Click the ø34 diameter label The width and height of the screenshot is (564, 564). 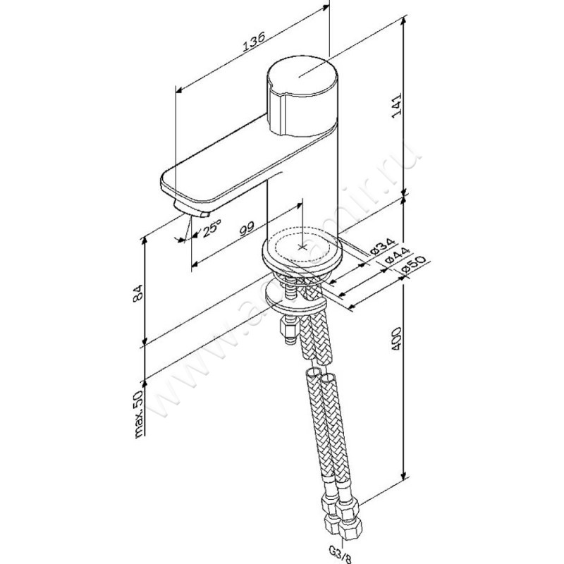point(378,247)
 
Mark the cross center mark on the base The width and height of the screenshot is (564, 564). point(303,247)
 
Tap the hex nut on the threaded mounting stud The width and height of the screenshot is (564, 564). point(288,330)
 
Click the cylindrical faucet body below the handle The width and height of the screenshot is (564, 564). point(303,183)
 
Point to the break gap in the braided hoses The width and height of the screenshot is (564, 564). point(318,369)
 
